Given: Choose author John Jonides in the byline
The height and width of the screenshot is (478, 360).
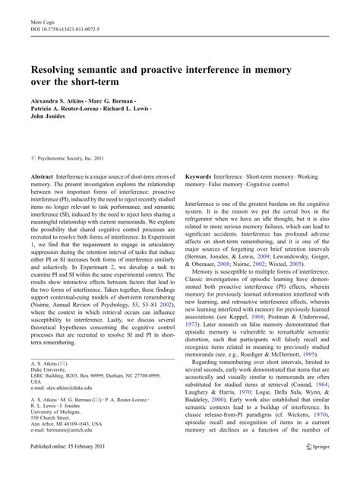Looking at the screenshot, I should (x=48, y=116).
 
